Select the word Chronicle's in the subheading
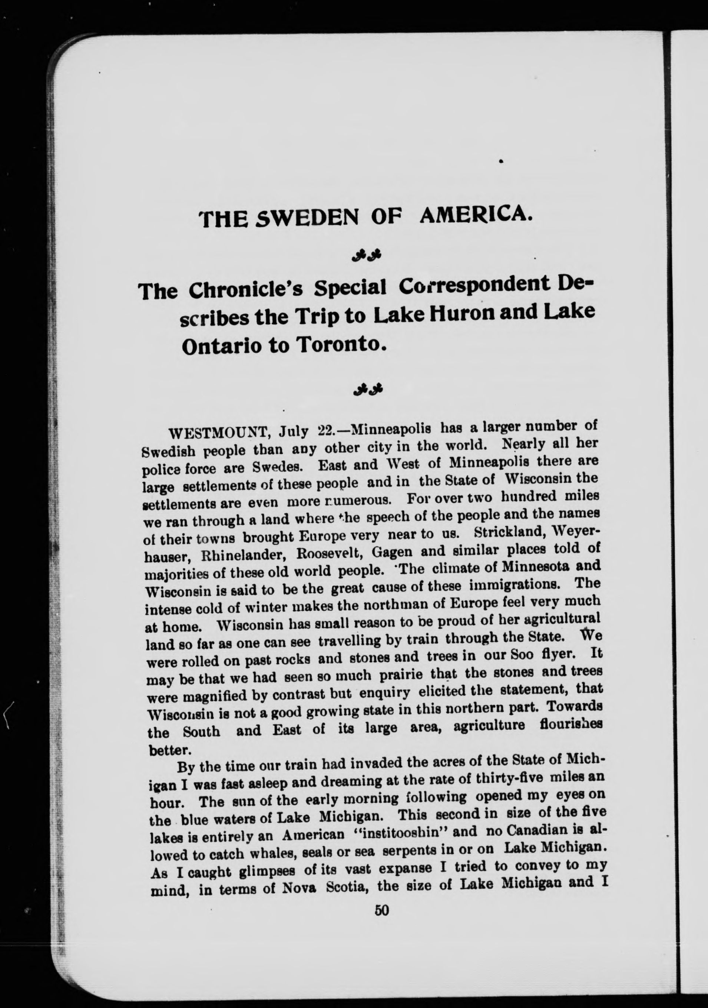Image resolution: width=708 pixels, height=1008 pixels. (x=247, y=289)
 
